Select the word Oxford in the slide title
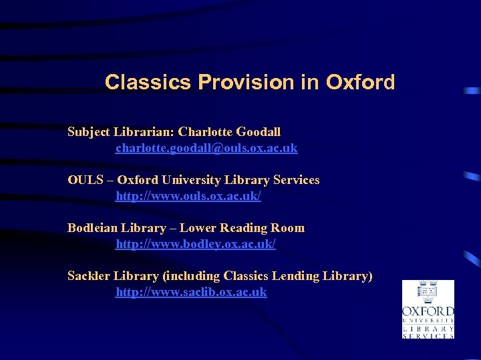pyautogui.click(x=361, y=82)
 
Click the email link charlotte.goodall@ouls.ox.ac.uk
pyautogui.click(x=206, y=148)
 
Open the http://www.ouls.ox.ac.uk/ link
pyautogui.click(x=188, y=196)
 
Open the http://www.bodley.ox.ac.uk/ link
pyautogui.click(x=196, y=244)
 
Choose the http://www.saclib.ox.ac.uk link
pyautogui.click(x=191, y=292)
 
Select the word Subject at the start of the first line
pyautogui.click(x=89, y=132)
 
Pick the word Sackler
pyautogui.click(x=89, y=276)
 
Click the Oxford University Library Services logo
pyautogui.click(x=428, y=309)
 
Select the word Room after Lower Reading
pyautogui.click(x=289, y=228)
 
